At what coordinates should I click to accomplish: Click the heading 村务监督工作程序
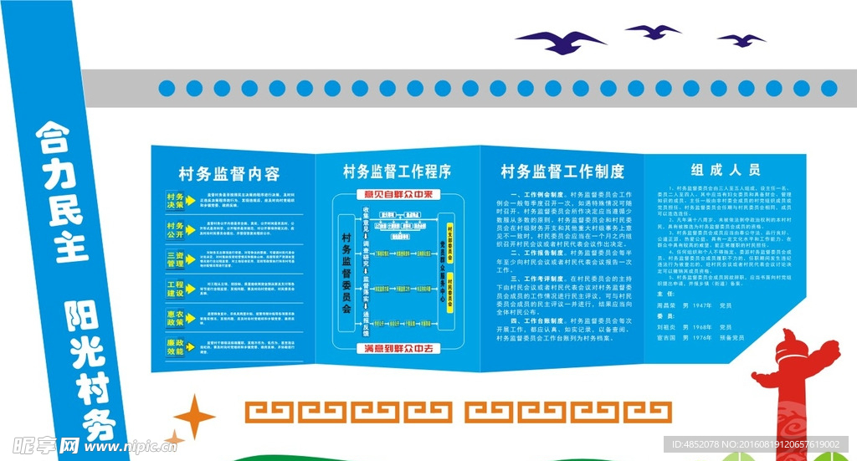point(397,172)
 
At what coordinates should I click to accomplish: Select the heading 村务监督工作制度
point(562,172)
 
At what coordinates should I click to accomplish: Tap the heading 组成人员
point(725,169)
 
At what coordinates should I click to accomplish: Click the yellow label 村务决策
point(175,200)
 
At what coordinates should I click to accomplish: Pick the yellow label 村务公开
point(175,229)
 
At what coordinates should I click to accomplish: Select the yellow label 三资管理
point(175,259)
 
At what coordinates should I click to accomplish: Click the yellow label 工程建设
point(175,289)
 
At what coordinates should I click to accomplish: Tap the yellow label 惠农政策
point(175,318)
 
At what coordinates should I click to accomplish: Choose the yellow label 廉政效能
point(175,347)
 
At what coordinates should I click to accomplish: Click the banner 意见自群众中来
point(398,195)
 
